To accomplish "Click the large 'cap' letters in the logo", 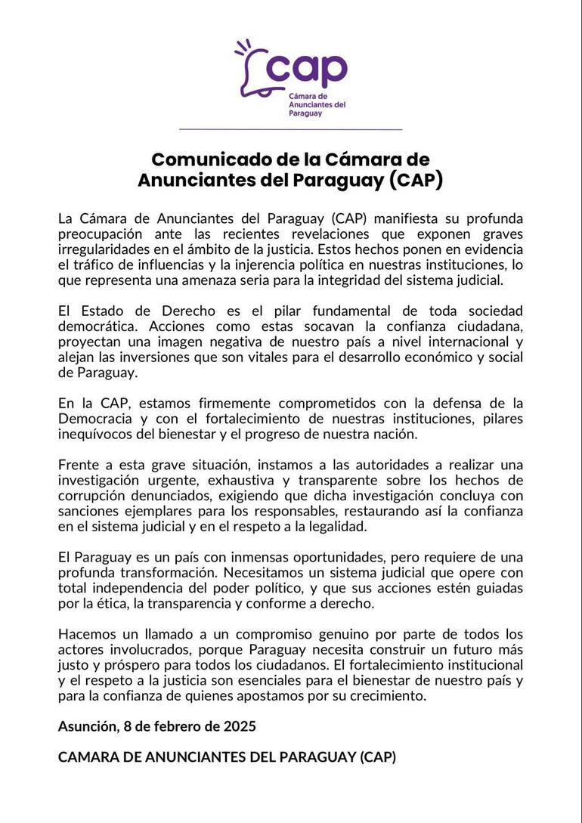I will [x=306, y=70].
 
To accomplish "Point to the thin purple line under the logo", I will [x=290, y=129].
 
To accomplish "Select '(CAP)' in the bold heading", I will [x=418, y=181].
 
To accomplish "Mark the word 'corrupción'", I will [x=94, y=495].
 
